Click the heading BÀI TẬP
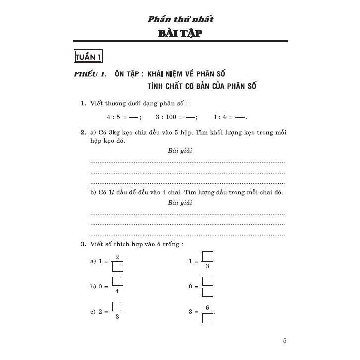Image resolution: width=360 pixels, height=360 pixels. click(x=180, y=34)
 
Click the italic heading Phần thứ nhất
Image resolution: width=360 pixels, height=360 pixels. click(x=181, y=19)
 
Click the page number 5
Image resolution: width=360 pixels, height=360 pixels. click(x=285, y=341)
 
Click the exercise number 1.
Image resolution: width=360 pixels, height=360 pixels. click(x=83, y=103)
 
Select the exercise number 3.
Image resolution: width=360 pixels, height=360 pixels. click(x=83, y=244)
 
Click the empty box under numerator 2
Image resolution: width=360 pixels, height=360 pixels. click(x=117, y=267)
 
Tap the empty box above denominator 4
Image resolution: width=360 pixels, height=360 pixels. click(x=117, y=282)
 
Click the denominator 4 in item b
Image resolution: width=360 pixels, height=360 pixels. click(x=117, y=291)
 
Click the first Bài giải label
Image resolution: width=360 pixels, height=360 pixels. click(x=180, y=150)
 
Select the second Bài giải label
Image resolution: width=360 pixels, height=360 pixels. click(x=180, y=203)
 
